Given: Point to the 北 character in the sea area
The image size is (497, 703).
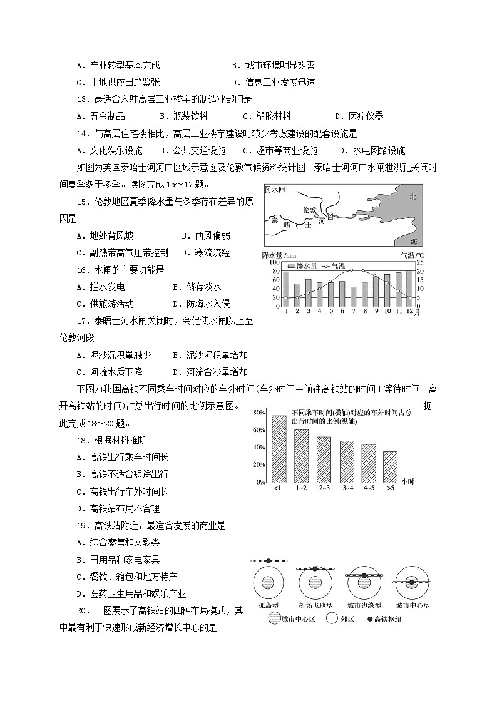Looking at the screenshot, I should pyautogui.click(x=412, y=196).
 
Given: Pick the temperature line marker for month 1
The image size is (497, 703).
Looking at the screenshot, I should pyautogui.click(x=286, y=297).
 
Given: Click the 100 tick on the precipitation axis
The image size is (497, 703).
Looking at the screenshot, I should pyautogui.click(x=274, y=262).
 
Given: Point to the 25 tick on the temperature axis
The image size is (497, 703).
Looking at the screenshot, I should pyautogui.click(x=420, y=262).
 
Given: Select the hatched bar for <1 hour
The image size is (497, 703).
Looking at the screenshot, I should pyautogui.click(x=279, y=449).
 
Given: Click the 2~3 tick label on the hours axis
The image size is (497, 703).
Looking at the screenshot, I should pyautogui.click(x=324, y=488).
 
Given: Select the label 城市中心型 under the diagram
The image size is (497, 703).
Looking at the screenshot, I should pyautogui.click(x=412, y=605).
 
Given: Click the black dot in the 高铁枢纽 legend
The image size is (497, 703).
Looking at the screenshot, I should pyautogui.click(x=369, y=619).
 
